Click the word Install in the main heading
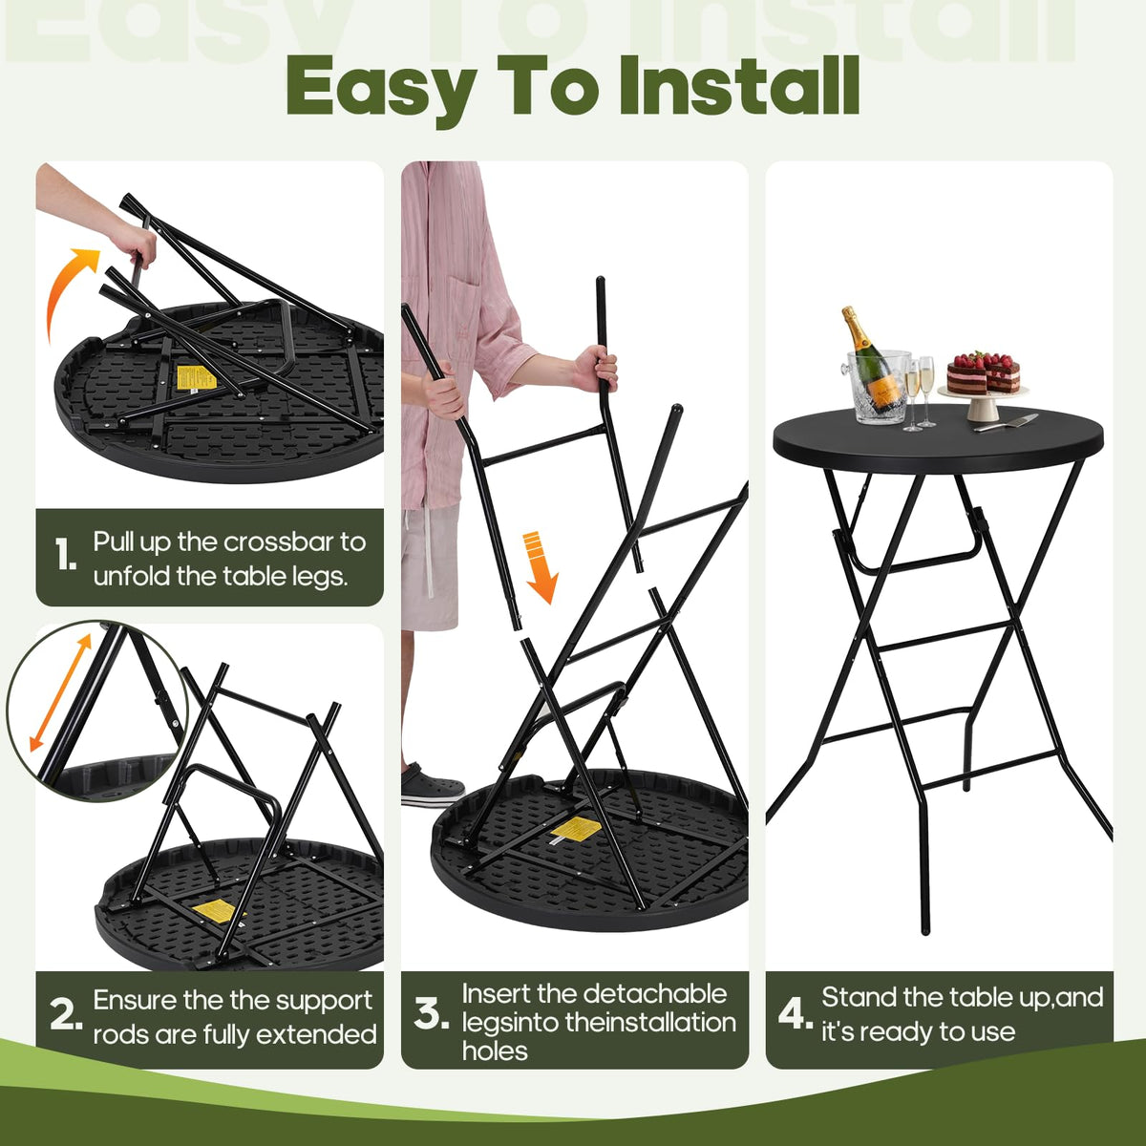739,84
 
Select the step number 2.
66,1015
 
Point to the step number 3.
431,1014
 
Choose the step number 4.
796,1013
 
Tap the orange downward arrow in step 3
541,566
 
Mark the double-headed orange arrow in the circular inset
61,692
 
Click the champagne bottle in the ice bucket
869,359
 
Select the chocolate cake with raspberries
983,372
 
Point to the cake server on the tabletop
1006,422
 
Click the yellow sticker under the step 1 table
197,377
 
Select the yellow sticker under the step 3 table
573,828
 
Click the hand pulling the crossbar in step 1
135,244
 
